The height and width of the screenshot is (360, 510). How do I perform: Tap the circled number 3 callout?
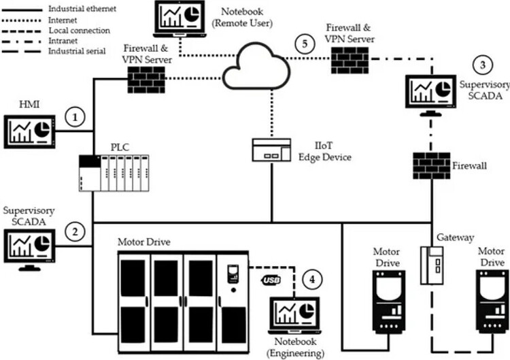[482, 65]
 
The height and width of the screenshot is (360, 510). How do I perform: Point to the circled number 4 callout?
[312, 278]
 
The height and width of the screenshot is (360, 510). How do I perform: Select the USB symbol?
[270, 280]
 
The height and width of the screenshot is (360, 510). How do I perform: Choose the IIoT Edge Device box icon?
[271, 150]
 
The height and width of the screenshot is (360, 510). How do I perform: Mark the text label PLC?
[120, 146]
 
